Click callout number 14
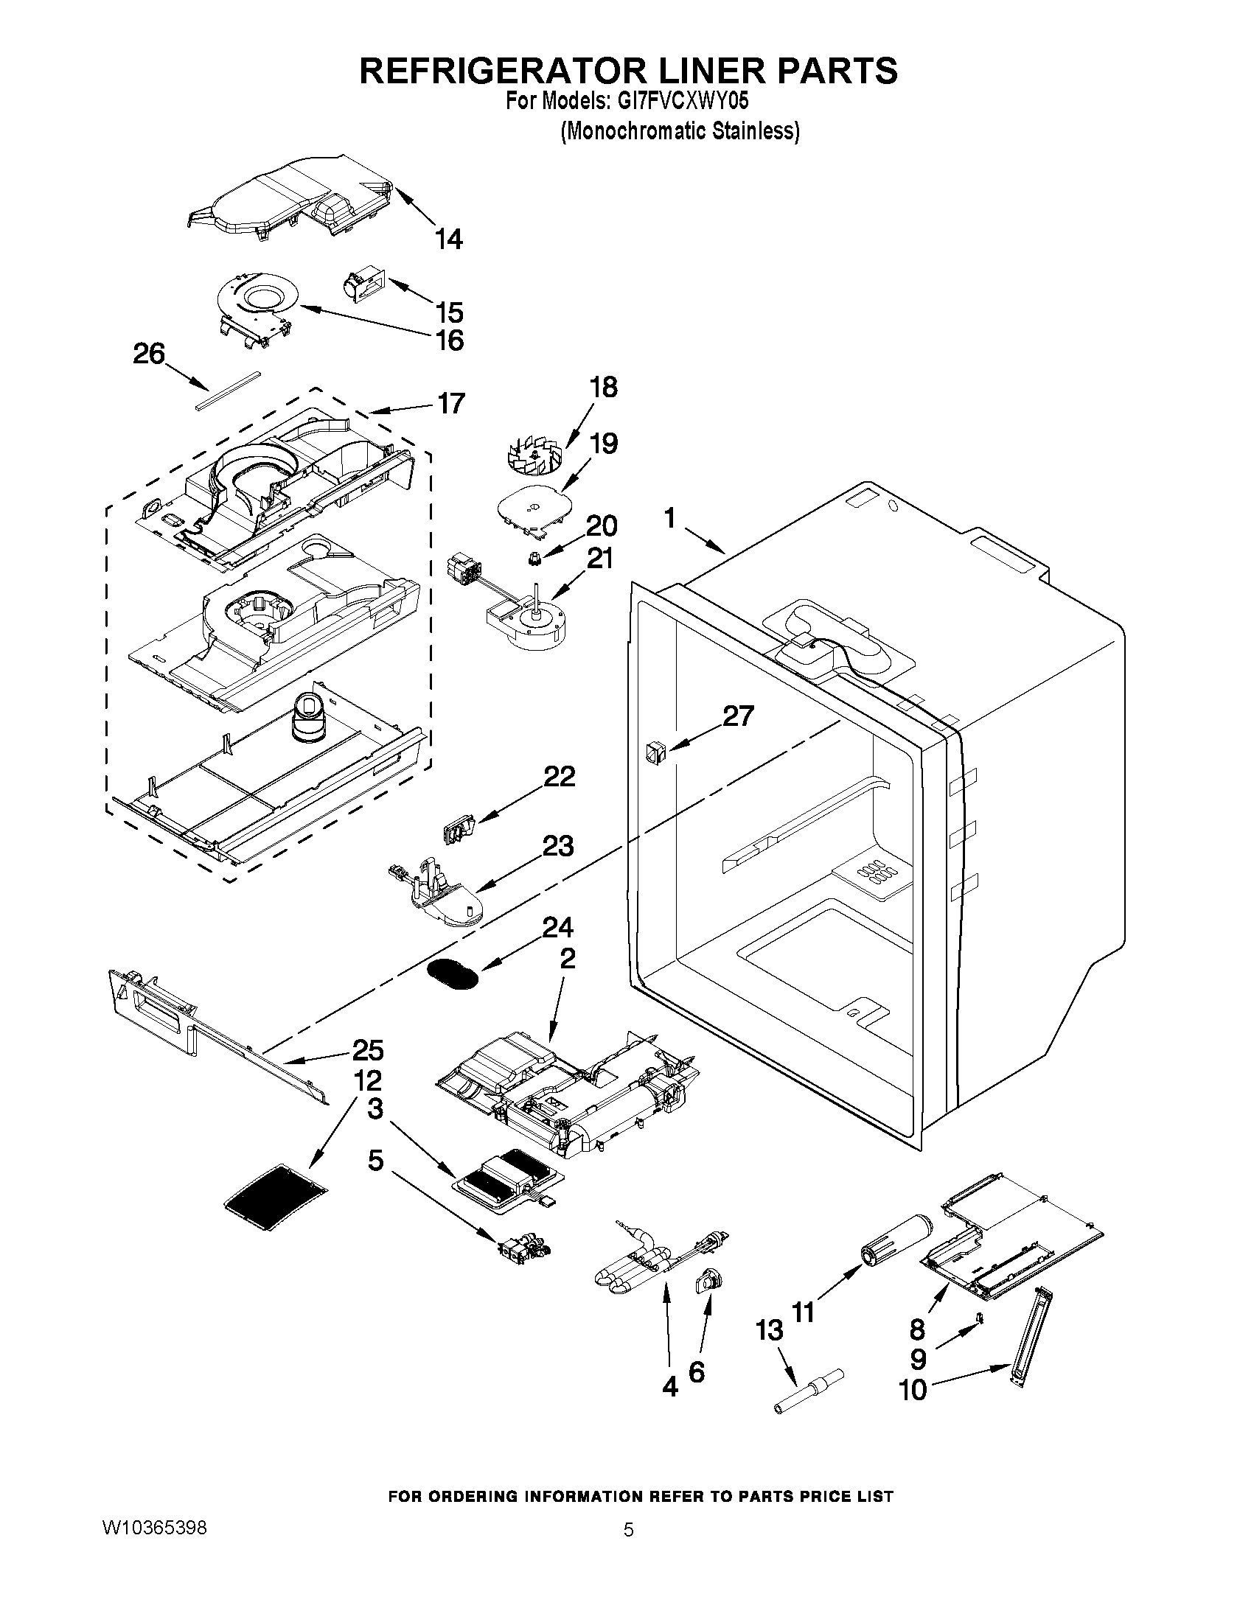click(x=449, y=240)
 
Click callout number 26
click(x=149, y=354)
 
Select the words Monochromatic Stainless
click(x=680, y=130)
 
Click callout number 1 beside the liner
click(x=669, y=517)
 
